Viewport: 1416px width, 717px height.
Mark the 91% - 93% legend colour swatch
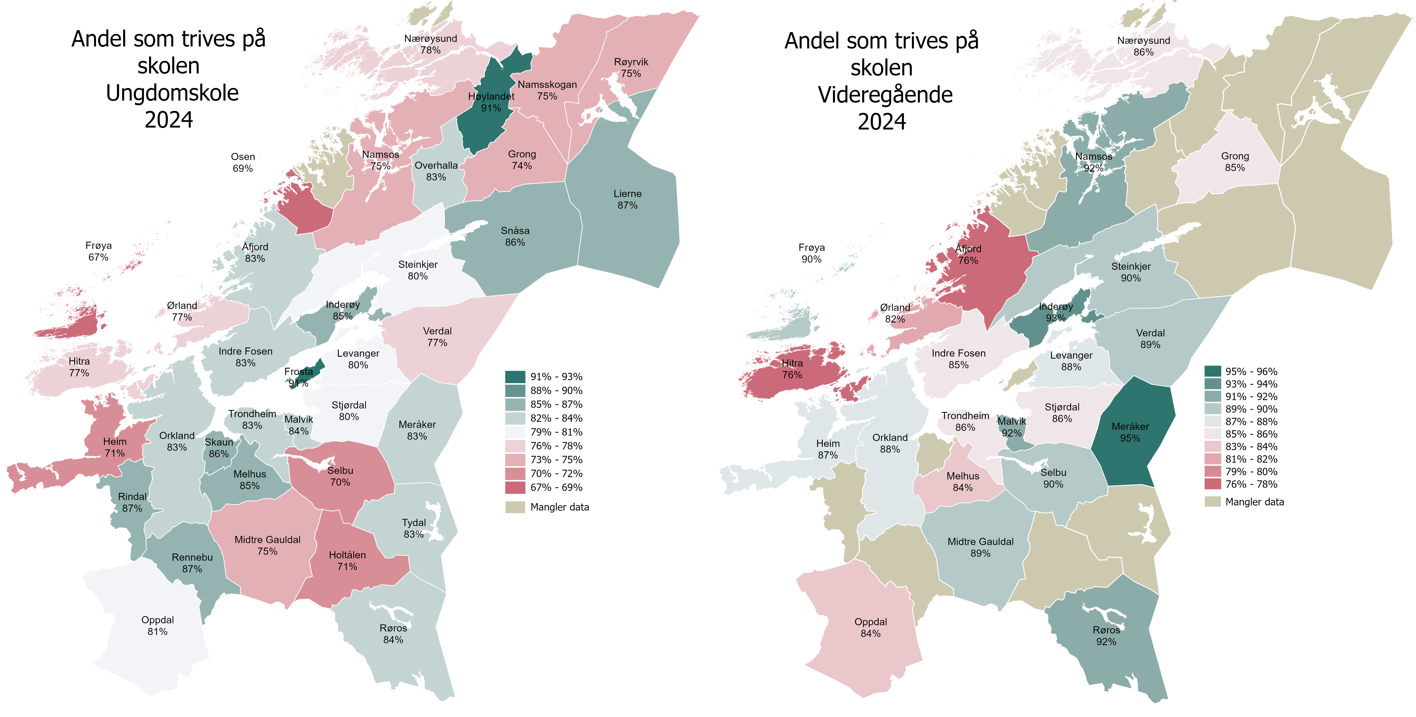click(515, 377)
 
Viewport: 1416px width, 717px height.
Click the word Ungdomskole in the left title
click(172, 93)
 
